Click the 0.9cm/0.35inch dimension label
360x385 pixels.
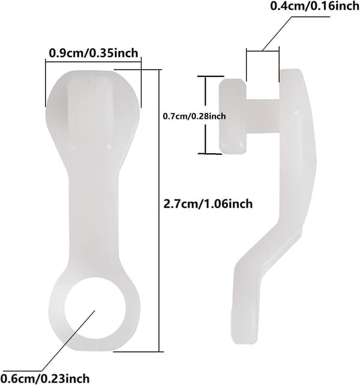coord(94,53)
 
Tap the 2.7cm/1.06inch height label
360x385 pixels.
coord(208,204)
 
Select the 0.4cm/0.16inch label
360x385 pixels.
coord(315,5)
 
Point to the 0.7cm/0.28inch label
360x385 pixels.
coord(194,116)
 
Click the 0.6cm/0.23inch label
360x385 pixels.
coord(44,378)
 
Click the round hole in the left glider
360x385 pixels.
coord(95,309)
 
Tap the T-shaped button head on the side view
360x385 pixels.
coord(233,117)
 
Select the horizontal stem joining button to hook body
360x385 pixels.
coord(263,117)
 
